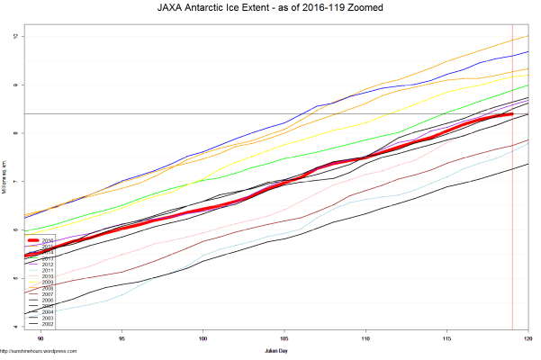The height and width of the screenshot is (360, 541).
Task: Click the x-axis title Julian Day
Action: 276,348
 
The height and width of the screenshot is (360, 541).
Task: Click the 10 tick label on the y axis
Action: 15,36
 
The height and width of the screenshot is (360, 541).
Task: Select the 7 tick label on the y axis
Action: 15,181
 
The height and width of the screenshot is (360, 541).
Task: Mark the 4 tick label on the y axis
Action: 15,326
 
